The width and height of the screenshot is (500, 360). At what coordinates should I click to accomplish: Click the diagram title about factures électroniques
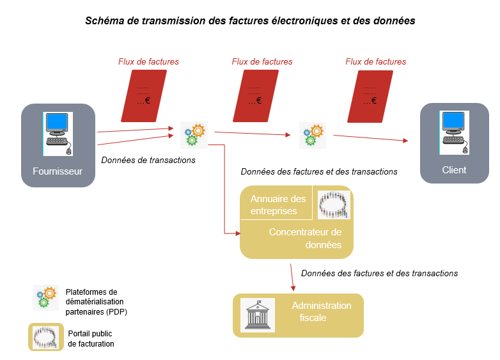(x=250, y=20)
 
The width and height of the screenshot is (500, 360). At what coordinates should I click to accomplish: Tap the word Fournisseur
(x=58, y=171)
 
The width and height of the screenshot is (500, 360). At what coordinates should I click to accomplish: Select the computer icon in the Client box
(x=455, y=132)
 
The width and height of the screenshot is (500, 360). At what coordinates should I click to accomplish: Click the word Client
(x=454, y=170)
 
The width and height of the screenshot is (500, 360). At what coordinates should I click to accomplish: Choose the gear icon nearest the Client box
(x=313, y=135)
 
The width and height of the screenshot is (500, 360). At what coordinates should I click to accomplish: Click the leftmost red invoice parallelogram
(x=144, y=96)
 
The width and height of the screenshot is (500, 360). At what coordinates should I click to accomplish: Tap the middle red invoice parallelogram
(x=257, y=96)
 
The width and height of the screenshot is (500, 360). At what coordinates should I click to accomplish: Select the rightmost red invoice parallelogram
(x=371, y=96)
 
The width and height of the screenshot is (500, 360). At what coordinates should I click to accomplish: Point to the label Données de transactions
(x=148, y=160)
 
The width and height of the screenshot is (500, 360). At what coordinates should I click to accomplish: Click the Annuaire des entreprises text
(x=278, y=205)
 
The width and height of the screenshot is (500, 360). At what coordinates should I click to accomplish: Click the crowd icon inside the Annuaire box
(x=334, y=205)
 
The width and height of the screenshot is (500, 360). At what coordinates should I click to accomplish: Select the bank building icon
(x=257, y=315)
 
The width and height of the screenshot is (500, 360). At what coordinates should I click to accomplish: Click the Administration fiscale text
(x=322, y=311)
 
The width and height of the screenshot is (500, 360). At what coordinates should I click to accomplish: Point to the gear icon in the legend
(x=46, y=297)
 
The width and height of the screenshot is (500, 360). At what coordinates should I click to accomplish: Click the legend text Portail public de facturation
(x=91, y=338)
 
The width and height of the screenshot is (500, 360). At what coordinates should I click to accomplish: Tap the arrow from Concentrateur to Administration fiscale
(x=293, y=275)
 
